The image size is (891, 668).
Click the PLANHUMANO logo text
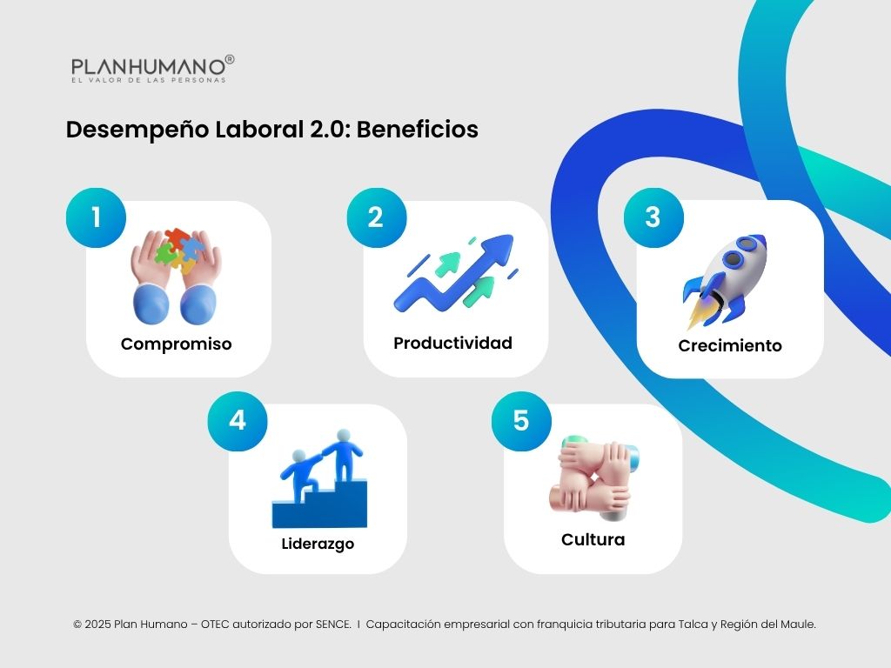click(148, 66)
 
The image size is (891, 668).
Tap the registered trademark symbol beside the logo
click(230, 59)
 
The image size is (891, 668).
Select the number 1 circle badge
click(96, 217)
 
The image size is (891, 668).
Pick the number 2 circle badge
click(376, 217)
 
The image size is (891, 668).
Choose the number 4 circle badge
click(237, 420)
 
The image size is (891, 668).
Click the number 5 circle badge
click(521, 420)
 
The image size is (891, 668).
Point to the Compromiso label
click(177, 344)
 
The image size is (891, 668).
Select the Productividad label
click(452, 343)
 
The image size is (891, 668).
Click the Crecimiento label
click(730, 345)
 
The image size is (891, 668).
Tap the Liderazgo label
click(318, 544)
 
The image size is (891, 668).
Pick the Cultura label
click(593, 539)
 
